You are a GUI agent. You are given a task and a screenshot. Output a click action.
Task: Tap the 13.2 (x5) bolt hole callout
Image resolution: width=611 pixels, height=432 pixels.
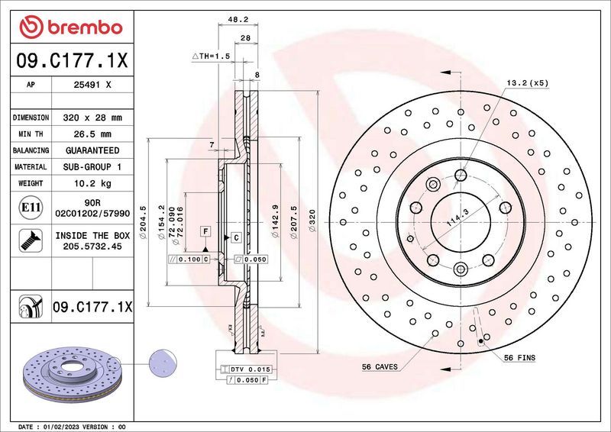click(526, 82)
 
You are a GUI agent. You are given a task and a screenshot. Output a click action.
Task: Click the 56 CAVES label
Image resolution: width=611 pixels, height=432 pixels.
click(380, 367)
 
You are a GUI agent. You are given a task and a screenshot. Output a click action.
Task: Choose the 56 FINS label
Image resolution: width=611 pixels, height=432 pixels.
click(519, 358)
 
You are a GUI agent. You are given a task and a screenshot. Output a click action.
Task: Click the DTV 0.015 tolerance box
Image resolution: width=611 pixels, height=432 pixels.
click(249, 369)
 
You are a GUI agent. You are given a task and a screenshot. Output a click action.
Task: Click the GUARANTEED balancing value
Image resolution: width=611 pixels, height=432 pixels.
click(92, 150)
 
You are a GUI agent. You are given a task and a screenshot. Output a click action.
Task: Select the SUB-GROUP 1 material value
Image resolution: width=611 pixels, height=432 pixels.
click(92, 166)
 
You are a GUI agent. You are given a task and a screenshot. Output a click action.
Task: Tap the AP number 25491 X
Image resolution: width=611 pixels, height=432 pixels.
click(92, 86)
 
